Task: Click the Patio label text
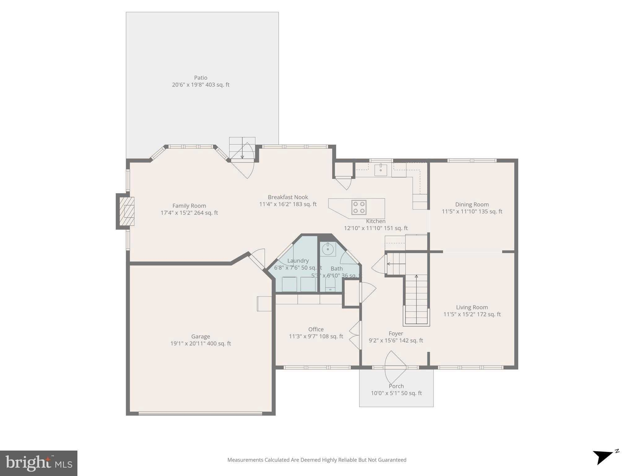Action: coord(201,78)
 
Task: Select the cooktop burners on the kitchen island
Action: coord(359,207)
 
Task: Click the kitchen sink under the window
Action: coord(380,170)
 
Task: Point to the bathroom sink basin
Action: coord(328,249)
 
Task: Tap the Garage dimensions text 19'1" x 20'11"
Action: coord(201,343)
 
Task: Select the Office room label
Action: coord(316,329)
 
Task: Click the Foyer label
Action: coord(396,333)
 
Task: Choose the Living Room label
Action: coord(472,307)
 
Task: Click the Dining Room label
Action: coord(472,205)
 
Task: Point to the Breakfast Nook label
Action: coord(288,197)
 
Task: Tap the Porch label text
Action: coord(396,386)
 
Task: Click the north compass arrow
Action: coord(603,457)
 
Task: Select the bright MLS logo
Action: coord(39,463)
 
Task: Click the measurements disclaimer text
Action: coord(317,460)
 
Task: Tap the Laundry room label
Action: coord(298,261)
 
